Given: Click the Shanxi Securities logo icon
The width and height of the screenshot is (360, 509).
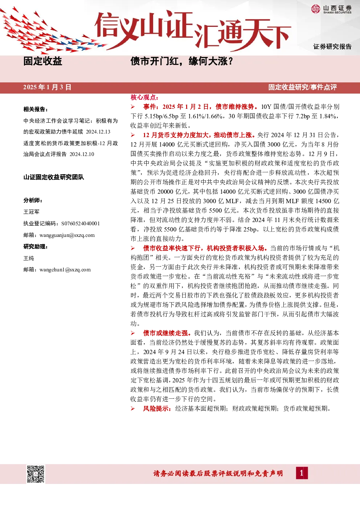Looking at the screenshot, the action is [x=316, y=9].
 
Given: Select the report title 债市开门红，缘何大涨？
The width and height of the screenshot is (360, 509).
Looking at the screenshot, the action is [x=182, y=61].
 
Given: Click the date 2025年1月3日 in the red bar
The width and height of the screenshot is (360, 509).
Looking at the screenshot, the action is [x=47, y=87].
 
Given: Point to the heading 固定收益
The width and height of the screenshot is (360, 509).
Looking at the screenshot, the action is [x=43, y=61].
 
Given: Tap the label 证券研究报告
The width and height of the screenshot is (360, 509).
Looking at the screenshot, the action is [x=332, y=46].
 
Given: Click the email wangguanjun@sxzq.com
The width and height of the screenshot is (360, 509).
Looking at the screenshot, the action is [x=67, y=235].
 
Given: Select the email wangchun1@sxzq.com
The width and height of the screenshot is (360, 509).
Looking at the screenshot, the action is [x=65, y=270].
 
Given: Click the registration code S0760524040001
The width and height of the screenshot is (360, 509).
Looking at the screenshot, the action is [x=81, y=223].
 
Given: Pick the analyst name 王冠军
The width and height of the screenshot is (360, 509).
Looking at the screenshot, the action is [x=31, y=212].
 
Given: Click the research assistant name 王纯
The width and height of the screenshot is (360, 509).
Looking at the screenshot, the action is [x=29, y=258].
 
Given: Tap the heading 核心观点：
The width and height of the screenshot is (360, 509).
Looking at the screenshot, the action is [x=144, y=98].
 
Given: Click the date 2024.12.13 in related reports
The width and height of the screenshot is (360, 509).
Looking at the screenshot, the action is [x=98, y=132].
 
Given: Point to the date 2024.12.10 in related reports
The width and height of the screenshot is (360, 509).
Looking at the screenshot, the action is [x=82, y=154].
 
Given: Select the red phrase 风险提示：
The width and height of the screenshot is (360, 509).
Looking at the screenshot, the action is [x=157, y=409].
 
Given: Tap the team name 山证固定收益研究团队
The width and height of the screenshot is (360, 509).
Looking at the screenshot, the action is [x=54, y=177].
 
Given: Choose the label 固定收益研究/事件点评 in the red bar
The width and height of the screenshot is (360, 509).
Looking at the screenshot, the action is [x=303, y=87].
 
